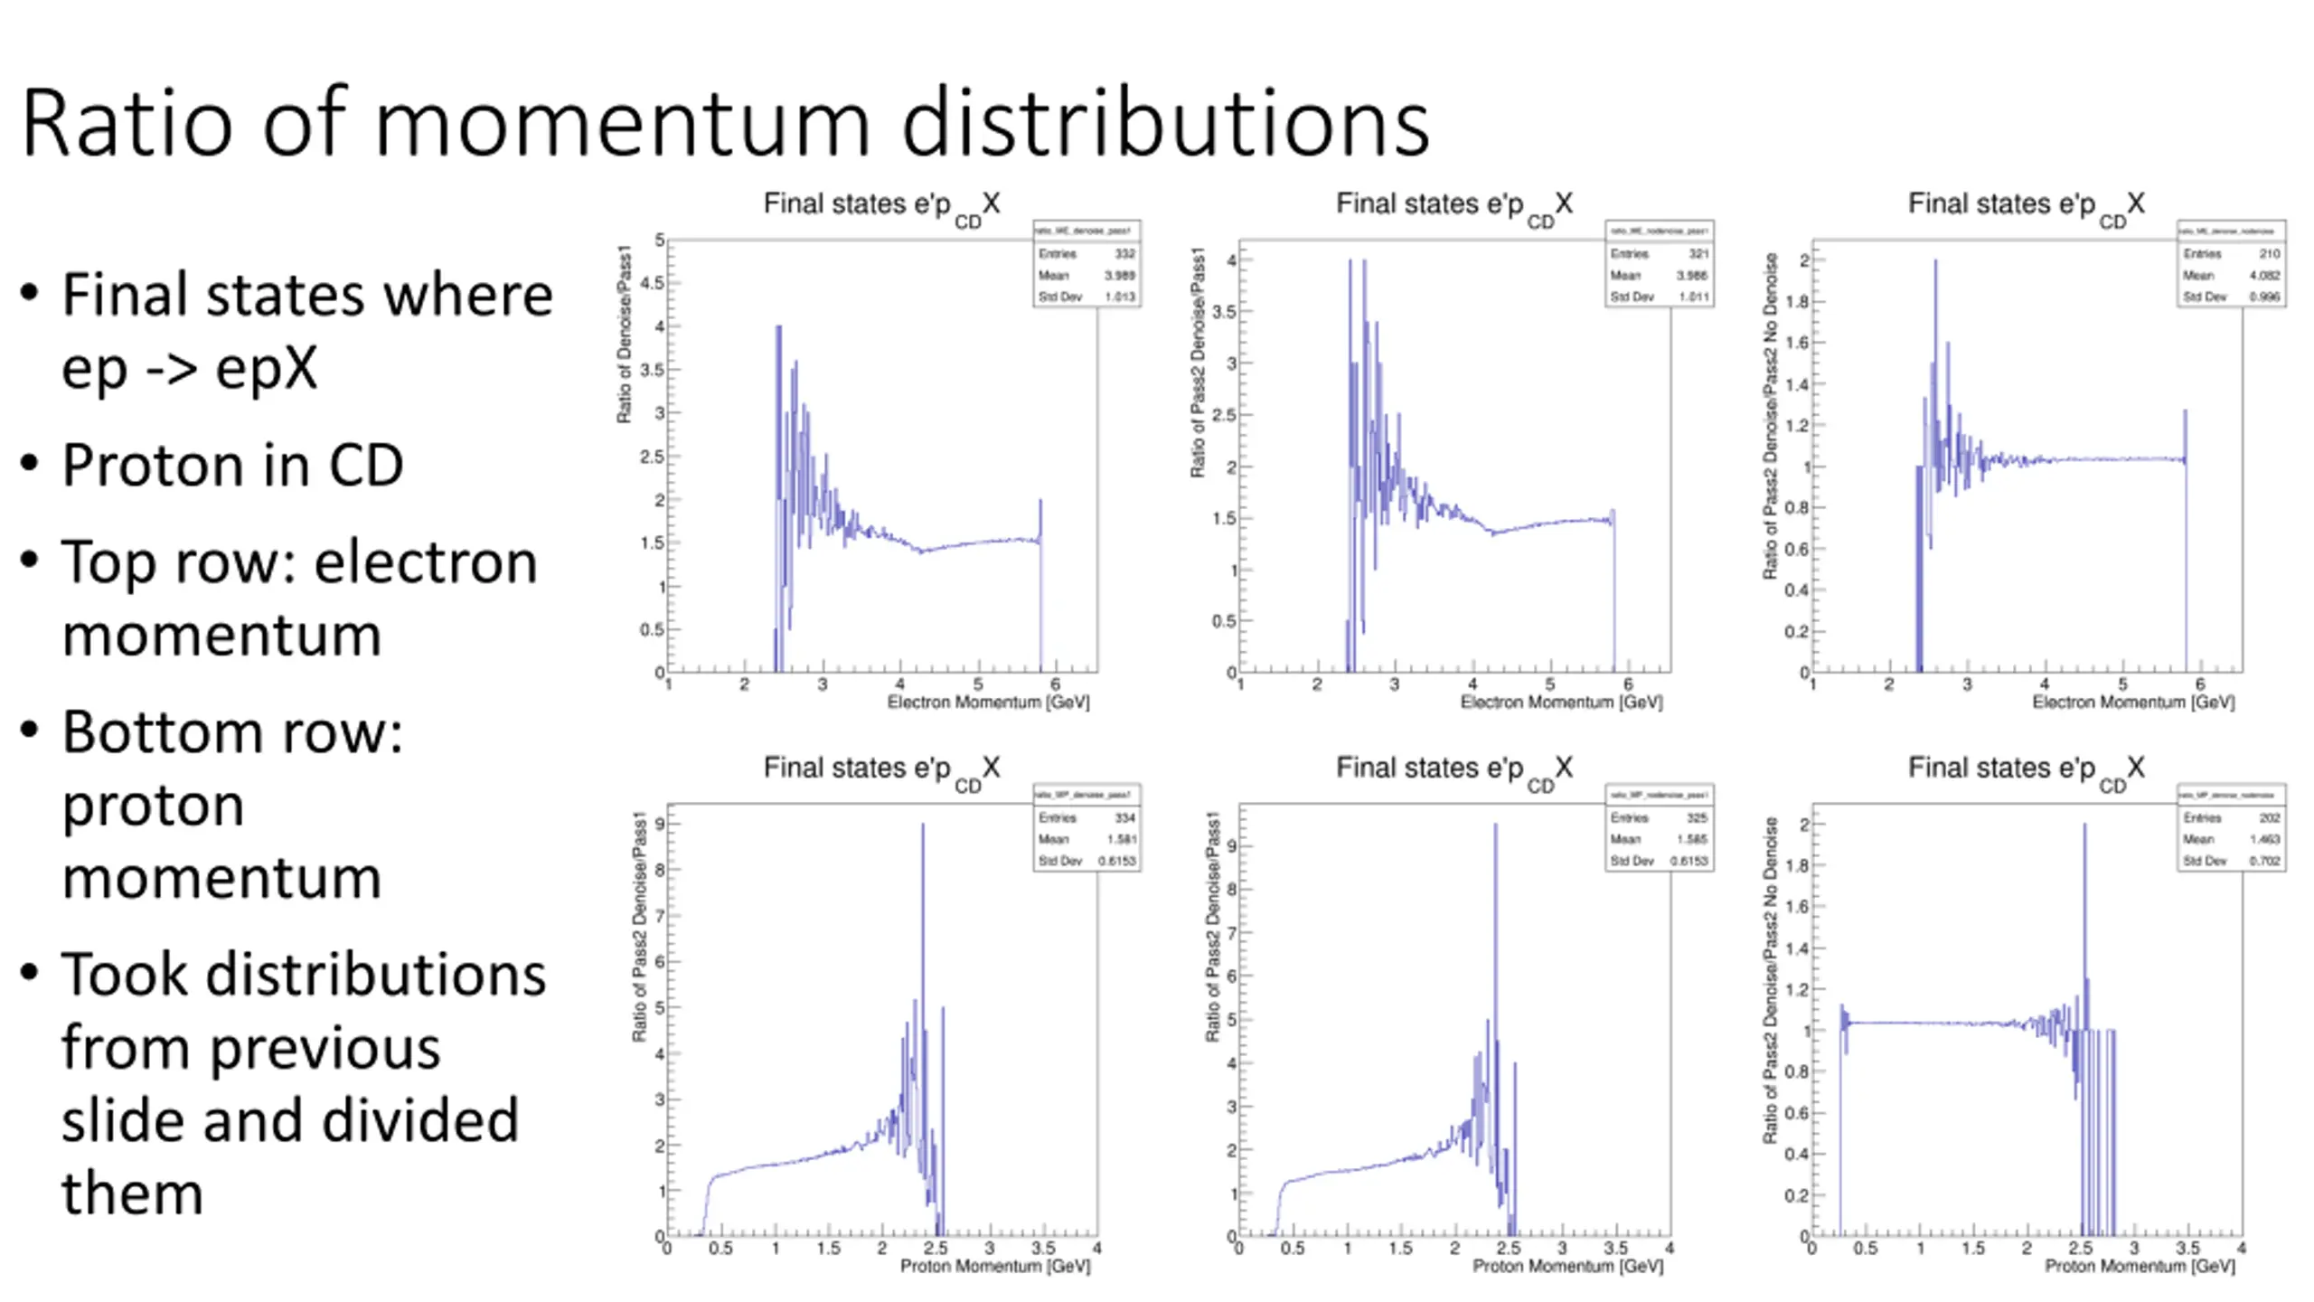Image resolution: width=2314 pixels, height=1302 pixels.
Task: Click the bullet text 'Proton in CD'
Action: click(231, 466)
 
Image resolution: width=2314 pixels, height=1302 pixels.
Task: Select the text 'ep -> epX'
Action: click(190, 368)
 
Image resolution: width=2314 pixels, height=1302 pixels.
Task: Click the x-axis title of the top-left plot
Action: click(988, 703)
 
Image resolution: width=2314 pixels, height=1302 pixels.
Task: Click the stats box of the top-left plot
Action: click(1086, 264)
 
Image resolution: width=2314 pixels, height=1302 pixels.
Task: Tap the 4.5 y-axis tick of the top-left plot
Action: click(651, 283)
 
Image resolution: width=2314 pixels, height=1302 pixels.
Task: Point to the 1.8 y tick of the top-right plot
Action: click(1796, 302)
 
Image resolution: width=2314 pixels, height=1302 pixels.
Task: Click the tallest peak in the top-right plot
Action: click(1935, 262)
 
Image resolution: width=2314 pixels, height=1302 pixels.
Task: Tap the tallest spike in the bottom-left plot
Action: click(923, 825)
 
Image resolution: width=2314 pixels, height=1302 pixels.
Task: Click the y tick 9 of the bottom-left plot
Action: click(660, 825)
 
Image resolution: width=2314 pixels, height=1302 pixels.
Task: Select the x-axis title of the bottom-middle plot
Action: click(1567, 1267)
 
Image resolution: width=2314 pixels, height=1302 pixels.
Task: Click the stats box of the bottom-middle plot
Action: click(1659, 828)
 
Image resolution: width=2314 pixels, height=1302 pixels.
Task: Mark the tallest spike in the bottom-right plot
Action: click(2084, 825)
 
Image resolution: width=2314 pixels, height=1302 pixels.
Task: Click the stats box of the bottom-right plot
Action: click(2231, 828)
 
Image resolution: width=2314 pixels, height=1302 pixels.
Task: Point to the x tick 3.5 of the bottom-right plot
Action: click(2187, 1249)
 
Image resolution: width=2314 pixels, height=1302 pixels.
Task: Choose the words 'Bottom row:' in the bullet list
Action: click(231, 732)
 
